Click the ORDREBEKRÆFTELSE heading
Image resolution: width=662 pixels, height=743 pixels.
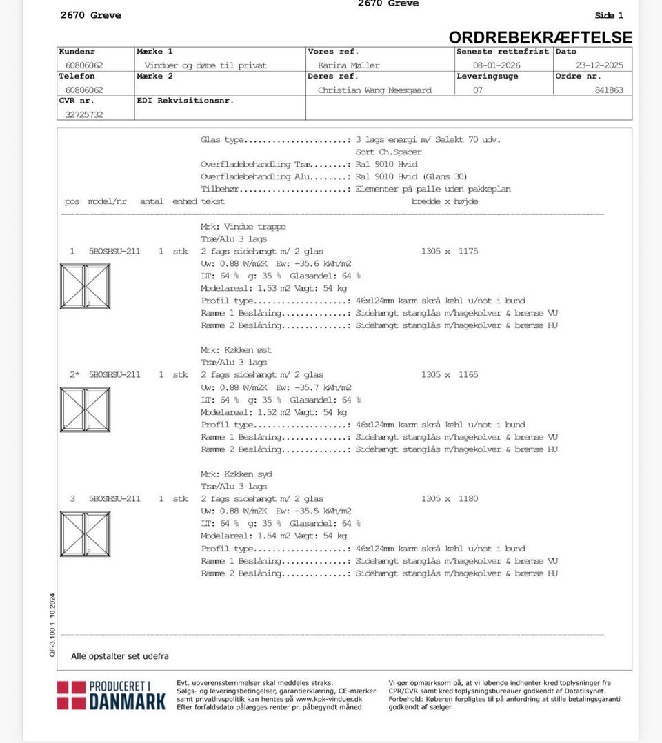pyautogui.click(x=540, y=37)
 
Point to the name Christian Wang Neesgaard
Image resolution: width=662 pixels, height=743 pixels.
pyautogui.click(x=374, y=90)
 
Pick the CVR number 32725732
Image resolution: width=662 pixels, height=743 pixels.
pyautogui.click(x=84, y=115)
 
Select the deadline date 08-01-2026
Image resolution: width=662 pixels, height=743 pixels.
pyautogui.click(x=496, y=65)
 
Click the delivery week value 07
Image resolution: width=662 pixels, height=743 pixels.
pyautogui.click(x=478, y=90)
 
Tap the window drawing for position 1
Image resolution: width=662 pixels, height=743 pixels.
pyautogui.click(x=85, y=285)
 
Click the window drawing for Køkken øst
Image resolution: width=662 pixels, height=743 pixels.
pyautogui.click(x=85, y=409)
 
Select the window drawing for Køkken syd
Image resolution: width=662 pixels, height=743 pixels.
pyautogui.click(x=85, y=533)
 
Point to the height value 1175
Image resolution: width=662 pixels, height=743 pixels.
pyautogui.click(x=468, y=252)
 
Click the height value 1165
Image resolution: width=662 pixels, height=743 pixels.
pyautogui.click(x=468, y=375)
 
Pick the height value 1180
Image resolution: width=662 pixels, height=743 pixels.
pyautogui.click(x=468, y=499)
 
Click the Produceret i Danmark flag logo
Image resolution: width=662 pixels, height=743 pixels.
pyautogui.click(x=72, y=695)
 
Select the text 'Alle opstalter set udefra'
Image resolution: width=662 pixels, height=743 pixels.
pyautogui.click(x=120, y=656)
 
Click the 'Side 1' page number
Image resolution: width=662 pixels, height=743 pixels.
pyautogui.click(x=609, y=15)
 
